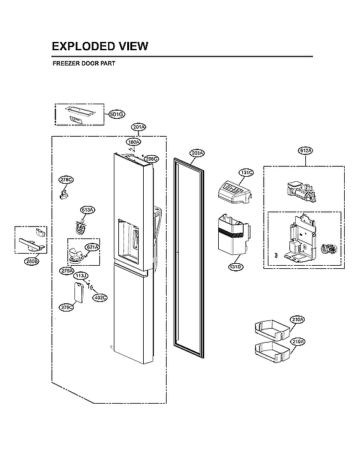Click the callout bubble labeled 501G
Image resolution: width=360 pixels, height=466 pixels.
point(116,114)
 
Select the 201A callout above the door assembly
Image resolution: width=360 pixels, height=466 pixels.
point(139,127)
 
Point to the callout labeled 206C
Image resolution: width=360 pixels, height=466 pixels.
point(150,158)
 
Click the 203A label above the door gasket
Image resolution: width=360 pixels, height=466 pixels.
point(197,153)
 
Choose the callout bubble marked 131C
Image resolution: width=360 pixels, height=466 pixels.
point(246,172)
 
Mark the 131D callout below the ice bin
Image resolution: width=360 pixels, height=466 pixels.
point(235,266)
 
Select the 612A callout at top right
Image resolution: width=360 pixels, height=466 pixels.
point(306,151)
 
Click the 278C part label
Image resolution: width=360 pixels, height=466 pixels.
point(66,180)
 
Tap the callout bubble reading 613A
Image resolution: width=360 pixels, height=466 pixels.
point(87,209)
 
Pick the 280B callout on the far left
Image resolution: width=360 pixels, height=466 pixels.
point(32,261)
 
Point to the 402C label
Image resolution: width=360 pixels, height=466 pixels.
point(100,297)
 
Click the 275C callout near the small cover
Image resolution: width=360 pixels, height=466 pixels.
point(66,307)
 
